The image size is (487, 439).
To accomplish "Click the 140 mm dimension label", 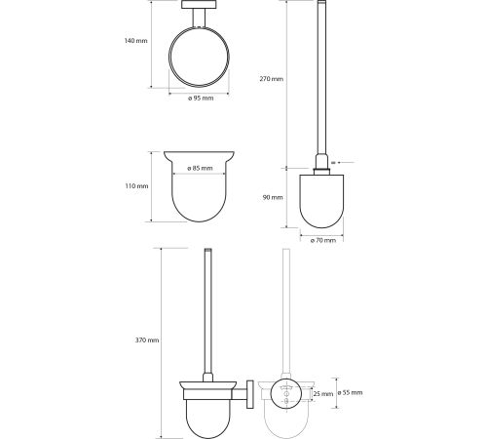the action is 135,41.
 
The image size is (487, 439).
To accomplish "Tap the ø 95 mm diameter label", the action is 201,98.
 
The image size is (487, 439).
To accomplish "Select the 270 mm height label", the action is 272,79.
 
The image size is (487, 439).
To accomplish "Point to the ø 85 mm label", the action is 200,168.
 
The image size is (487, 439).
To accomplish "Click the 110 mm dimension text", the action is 136,186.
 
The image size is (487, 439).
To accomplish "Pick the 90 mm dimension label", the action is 273,197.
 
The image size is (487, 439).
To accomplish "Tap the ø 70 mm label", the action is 322,240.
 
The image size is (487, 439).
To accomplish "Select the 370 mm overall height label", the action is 147,340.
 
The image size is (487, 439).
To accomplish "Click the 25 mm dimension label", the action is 323,394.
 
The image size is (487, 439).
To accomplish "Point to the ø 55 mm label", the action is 350,392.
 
